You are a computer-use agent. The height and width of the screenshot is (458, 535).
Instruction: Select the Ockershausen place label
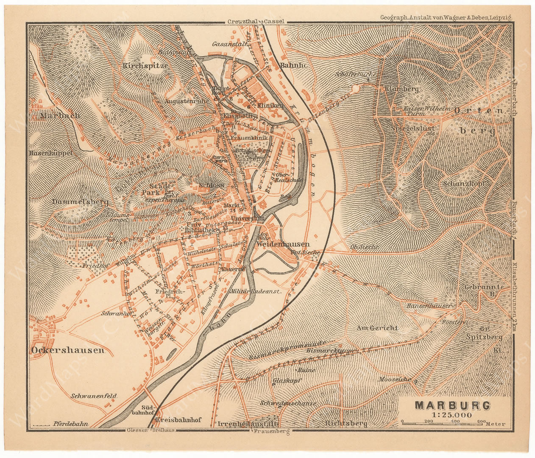click(x=67, y=350)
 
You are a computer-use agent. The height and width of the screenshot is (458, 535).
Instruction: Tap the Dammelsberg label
click(x=81, y=202)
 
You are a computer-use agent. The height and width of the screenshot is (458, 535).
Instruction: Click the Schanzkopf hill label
click(x=463, y=184)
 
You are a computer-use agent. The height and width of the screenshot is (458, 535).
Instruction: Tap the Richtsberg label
click(x=346, y=423)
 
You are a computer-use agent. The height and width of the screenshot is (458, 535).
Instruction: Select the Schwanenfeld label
click(x=94, y=396)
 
